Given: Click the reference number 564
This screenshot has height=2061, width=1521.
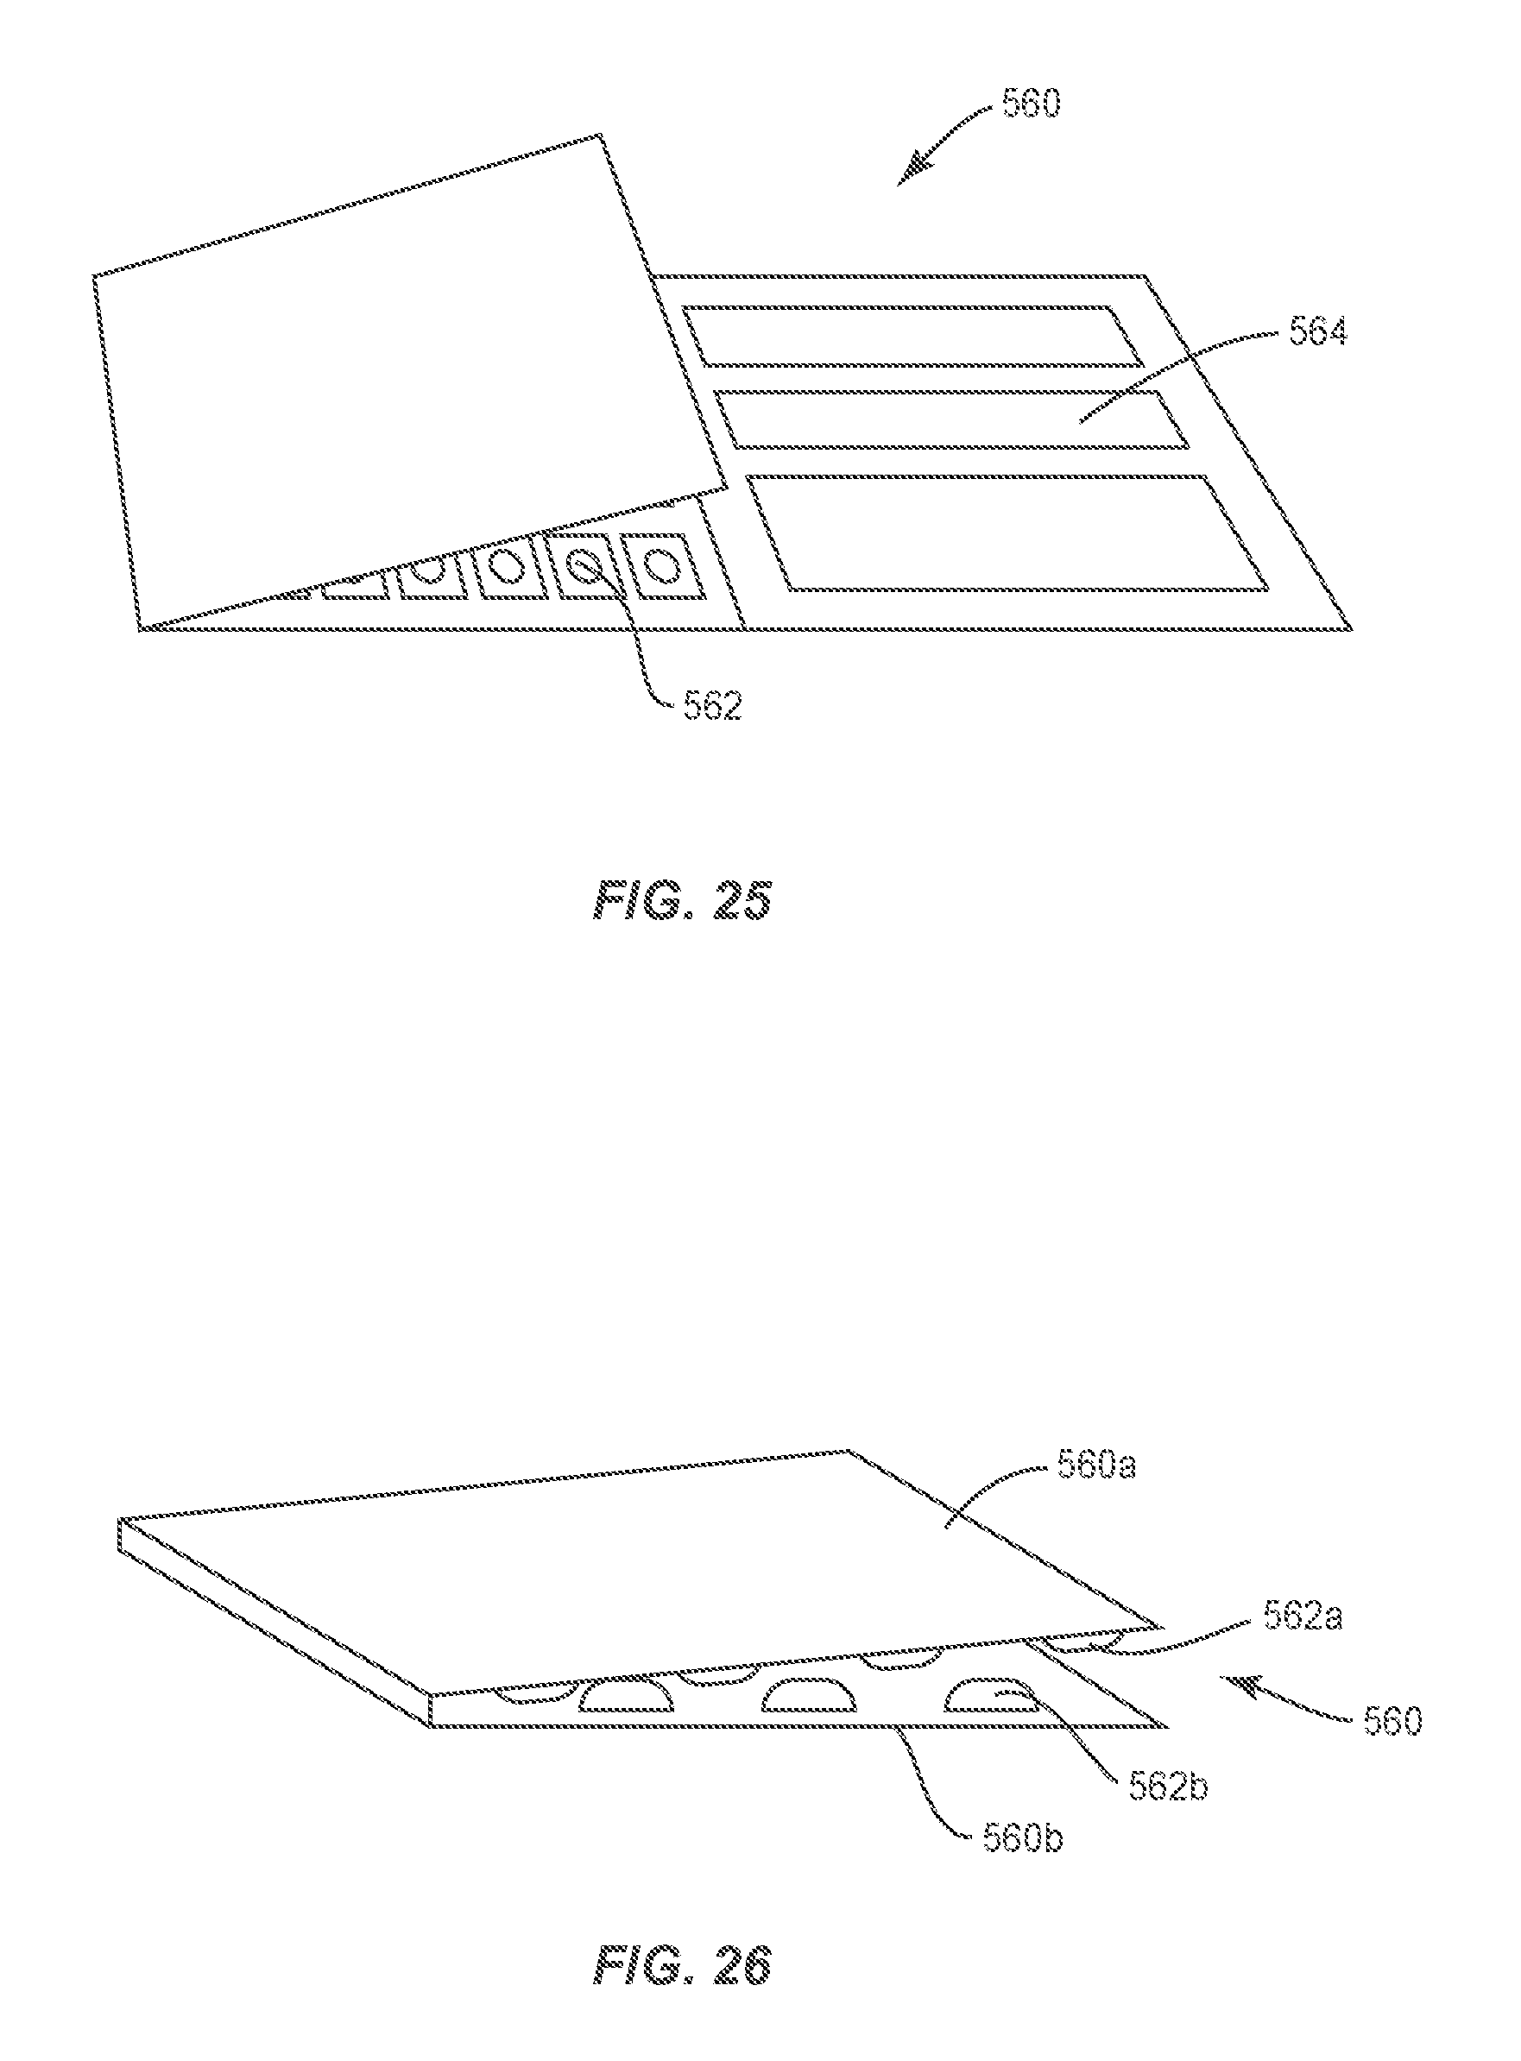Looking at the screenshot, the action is point(1316,332).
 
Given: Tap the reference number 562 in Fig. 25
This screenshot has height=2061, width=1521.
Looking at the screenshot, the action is point(711,706).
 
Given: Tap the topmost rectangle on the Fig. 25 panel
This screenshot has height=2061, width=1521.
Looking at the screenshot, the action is point(912,336).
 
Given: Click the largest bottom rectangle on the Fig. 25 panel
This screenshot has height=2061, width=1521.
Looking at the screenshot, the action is point(1008,533).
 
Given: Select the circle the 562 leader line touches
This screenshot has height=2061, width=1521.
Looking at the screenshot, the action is point(582,564).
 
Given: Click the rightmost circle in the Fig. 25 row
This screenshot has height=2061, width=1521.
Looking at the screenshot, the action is point(660,564).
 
